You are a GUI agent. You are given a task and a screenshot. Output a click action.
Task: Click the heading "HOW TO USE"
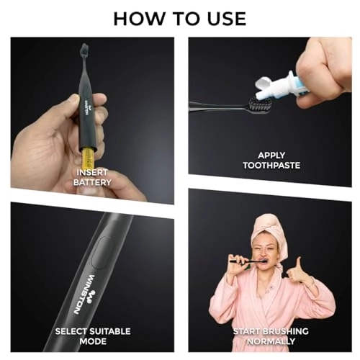click(180, 17)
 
